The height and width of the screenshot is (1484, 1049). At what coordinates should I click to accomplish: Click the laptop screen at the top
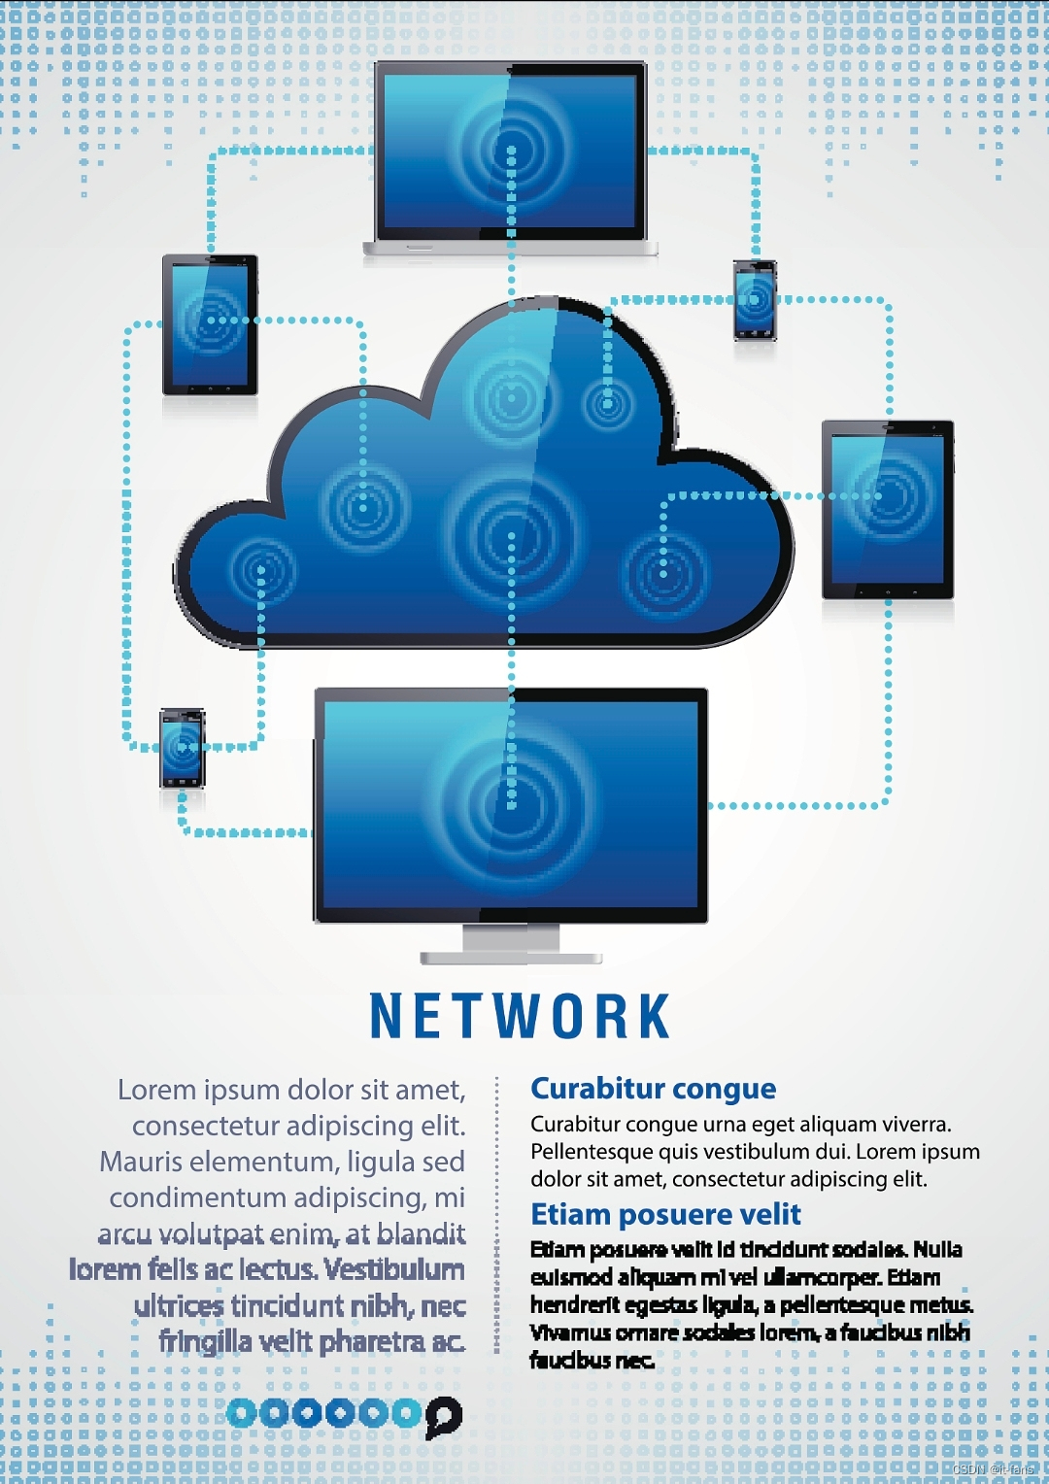511,151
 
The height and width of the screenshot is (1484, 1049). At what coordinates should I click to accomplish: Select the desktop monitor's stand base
511,958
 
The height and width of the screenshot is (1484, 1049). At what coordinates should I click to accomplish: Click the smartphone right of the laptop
755,300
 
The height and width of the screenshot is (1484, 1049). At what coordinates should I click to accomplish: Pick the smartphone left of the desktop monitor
183,748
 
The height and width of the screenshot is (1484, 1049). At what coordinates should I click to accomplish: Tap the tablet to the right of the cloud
888,509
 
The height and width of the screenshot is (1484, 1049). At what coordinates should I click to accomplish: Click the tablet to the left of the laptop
210,324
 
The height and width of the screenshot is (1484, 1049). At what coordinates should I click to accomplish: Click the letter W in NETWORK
520,1017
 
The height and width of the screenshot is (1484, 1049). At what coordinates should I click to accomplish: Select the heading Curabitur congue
653,1089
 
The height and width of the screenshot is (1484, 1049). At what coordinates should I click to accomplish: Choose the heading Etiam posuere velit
665,1214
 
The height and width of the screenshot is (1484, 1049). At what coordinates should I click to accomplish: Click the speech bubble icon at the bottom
443,1414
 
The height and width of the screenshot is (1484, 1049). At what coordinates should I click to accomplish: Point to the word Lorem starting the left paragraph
156,1091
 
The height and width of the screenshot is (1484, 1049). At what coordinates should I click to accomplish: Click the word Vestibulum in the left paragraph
394,1269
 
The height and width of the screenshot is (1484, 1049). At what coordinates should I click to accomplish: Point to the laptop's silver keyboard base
511,249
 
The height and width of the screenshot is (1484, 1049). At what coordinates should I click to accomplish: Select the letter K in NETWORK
653,1017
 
